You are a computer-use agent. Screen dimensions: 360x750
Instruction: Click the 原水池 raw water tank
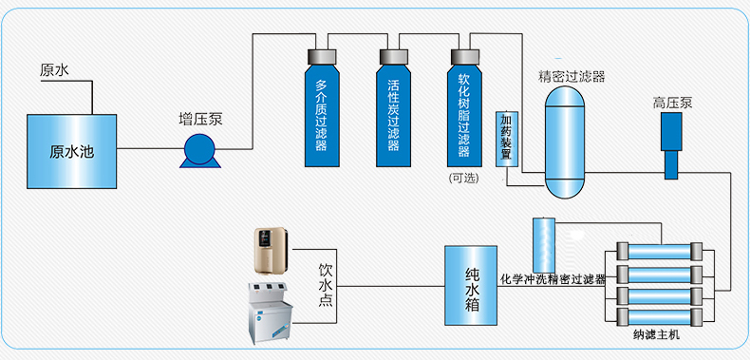pos(72,150)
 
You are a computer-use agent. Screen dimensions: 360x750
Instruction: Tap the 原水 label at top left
pos(54,70)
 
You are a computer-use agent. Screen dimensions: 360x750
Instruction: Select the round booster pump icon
pos(200,151)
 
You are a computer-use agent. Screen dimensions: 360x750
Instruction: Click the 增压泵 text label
pos(201,120)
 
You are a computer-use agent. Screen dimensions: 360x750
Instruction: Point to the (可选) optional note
pos(463,178)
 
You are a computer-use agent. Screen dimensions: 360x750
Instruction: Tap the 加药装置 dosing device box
pos(507,138)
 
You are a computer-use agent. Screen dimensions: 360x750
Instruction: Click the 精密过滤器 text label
pos(572,76)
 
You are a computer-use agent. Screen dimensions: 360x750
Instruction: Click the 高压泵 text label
pos(672,103)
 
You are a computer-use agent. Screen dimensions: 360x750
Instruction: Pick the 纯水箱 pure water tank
pos(472,282)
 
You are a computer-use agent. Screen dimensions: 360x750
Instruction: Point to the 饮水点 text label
pos(326,283)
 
